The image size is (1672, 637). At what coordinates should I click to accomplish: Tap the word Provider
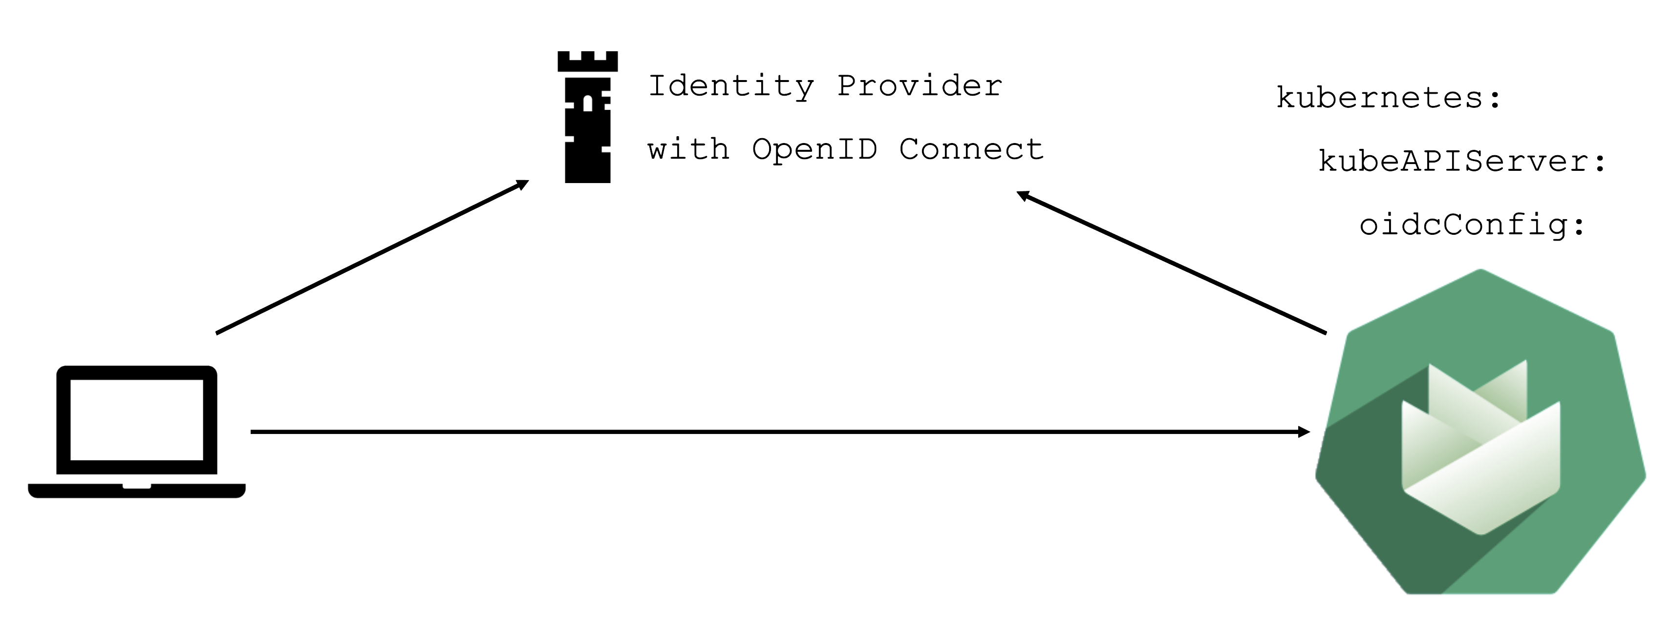[x=919, y=86]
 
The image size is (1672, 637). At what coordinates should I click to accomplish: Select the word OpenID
[x=814, y=149]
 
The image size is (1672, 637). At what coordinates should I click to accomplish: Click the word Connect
[x=971, y=149]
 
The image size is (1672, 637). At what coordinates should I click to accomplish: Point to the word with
[x=688, y=149]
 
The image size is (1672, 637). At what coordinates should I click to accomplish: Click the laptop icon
[x=136, y=432]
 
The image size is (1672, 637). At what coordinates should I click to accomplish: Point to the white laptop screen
[x=136, y=420]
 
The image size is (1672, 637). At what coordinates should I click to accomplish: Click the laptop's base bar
[x=136, y=491]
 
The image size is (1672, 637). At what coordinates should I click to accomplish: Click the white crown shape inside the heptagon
[x=1480, y=448]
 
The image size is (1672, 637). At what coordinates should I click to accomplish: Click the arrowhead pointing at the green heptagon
[x=1303, y=432]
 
